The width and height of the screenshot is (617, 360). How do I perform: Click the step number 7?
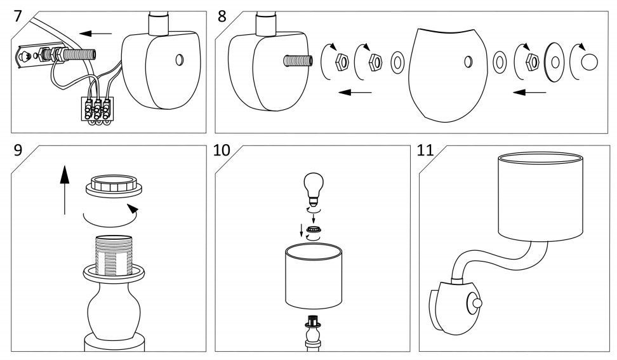pos(20,16)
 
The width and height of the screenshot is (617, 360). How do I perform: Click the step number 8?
pos(222,16)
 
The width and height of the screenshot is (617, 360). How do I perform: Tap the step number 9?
pos(20,153)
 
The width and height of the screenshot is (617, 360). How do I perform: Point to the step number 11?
pos(426,153)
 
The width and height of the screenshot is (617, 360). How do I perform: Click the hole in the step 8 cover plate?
pos(467,62)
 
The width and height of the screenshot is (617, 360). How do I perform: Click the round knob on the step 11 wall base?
pos(474,303)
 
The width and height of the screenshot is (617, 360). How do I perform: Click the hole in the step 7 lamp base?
pos(180,60)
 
